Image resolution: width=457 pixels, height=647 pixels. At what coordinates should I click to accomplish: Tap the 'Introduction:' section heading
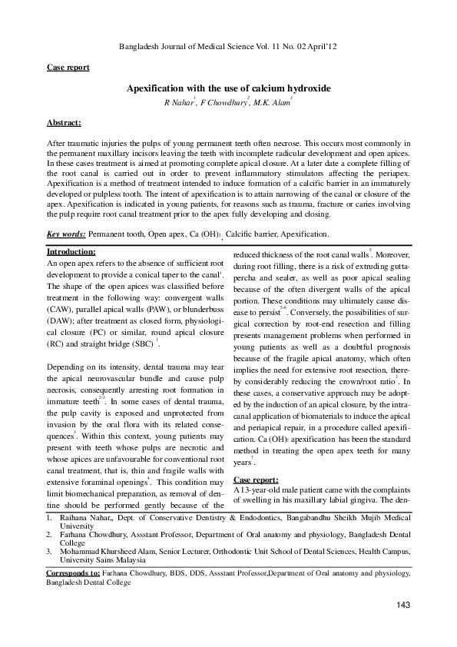(71, 252)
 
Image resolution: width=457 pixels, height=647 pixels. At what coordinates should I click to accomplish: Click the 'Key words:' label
(66, 234)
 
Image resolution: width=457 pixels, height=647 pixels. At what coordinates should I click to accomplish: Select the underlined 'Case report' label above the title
(68, 68)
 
